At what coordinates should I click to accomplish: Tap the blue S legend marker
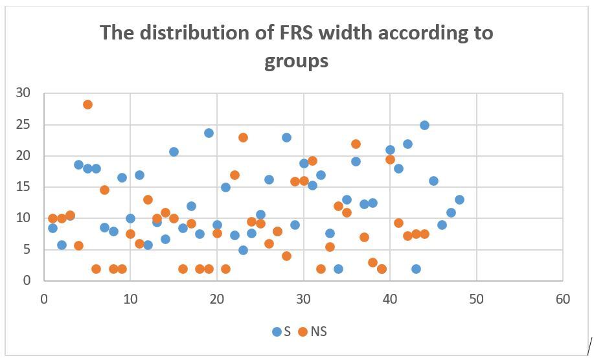[277, 332]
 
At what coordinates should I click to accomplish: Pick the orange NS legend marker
[302, 332]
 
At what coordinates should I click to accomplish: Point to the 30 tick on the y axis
[23, 93]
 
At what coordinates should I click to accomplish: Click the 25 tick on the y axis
[23, 124]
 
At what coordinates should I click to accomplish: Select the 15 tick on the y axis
[23, 187]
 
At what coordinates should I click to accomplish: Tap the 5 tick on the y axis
[27, 250]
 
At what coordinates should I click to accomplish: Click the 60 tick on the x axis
[562, 299]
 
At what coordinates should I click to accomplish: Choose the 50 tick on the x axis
[476, 299]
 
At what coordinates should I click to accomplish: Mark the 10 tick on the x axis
[130, 299]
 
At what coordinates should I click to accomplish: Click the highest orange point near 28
[87, 104]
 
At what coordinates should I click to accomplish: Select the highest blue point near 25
[424, 125]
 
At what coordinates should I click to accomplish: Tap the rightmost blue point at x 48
[459, 199]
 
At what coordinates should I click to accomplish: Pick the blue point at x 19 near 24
[209, 133]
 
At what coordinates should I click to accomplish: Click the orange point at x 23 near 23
[243, 137]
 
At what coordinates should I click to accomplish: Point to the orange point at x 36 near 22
[356, 144]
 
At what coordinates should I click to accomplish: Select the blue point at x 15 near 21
[174, 152]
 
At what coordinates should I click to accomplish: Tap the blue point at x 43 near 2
[416, 269]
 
